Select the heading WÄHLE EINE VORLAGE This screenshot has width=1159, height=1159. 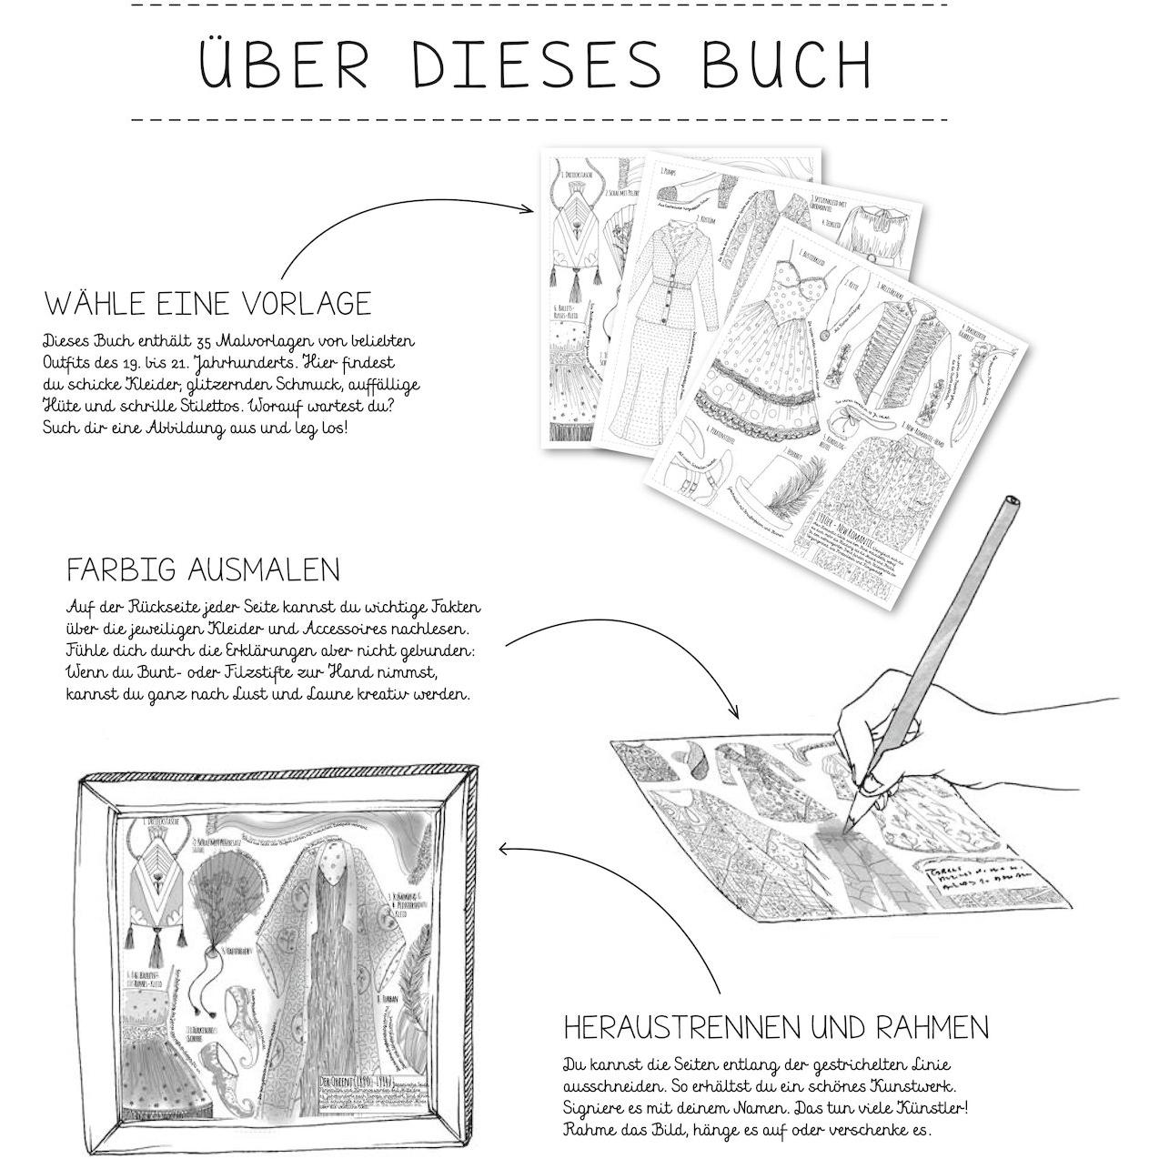(x=207, y=303)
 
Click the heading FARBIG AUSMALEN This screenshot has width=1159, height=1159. (x=203, y=570)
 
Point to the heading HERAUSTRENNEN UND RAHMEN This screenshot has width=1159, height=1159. (x=776, y=1028)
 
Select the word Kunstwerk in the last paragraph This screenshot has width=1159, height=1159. (x=906, y=1086)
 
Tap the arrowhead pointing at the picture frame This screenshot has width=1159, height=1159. (x=503, y=849)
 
